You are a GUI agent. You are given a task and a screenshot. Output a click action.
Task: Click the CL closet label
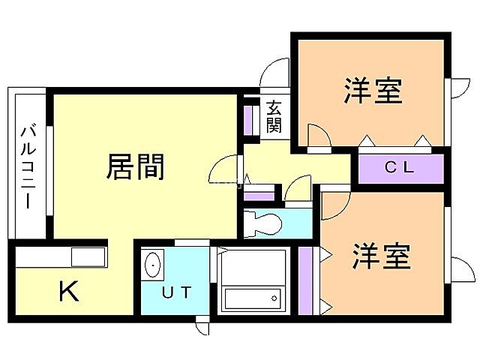[399, 167]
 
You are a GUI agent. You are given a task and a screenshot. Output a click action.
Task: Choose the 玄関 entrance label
[274, 116]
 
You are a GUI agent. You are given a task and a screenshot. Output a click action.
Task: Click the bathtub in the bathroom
[254, 298]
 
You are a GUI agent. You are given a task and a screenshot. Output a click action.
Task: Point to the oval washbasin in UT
[154, 265]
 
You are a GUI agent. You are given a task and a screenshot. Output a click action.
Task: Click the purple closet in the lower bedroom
[305, 279]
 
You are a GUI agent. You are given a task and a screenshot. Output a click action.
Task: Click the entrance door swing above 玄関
[274, 73]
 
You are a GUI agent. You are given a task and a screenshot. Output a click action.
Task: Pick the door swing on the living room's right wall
[225, 170]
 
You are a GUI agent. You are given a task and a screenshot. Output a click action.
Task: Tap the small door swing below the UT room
[203, 327]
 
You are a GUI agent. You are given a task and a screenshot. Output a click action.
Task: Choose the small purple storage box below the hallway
[259, 195]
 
